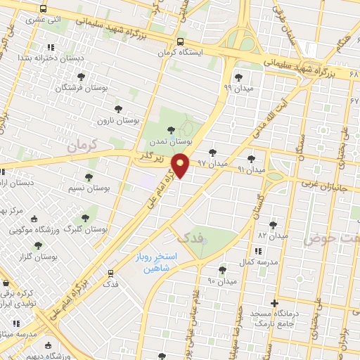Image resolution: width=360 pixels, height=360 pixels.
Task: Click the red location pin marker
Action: pos(181,165)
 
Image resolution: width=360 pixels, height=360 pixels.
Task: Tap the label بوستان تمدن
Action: pos(170,141)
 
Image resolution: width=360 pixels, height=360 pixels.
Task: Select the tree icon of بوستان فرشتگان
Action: pos(81,76)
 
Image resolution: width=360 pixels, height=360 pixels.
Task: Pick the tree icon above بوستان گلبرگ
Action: pos(85,219)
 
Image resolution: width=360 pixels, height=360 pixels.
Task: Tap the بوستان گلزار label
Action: pos(38,257)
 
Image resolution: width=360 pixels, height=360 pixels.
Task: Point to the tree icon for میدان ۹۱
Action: pos(252,159)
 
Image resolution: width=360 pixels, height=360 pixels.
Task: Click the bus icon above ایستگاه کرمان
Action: pos(181,41)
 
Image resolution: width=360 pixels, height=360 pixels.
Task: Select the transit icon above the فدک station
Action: pos(110,274)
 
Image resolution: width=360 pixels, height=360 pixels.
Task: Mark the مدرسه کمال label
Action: pos(257,262)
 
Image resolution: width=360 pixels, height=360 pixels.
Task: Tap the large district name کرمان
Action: pos(81,146)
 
